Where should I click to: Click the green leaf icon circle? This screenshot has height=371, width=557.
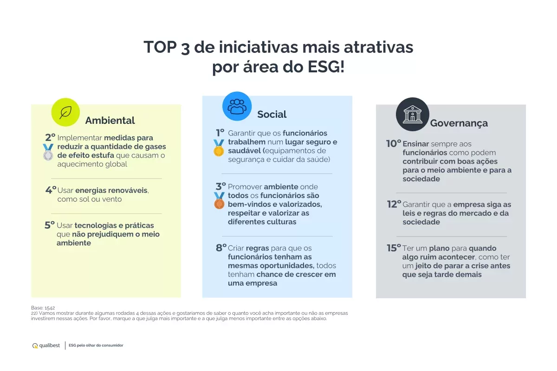click(x=65, y=112)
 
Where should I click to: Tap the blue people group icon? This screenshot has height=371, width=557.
click(x=237, y=106)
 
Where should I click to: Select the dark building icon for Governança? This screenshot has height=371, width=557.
click(x=413, y=114)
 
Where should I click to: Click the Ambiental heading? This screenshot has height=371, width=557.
click(x=110, y=121)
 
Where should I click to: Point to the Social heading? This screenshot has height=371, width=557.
click(x=272, y=114)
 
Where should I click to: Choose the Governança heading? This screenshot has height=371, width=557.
click(x=459, y=123)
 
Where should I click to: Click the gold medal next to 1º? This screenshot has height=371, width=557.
click(x=219, y=148)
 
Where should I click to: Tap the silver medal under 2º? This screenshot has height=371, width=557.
click(x=48, y=152)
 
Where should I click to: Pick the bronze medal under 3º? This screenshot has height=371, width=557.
click(x=219, y=200)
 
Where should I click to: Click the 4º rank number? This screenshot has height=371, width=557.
click(x=51, y=190)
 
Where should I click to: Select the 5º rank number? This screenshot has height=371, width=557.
click(x=50, y=225)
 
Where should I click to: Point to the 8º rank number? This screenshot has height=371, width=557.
click(x=221, y=248)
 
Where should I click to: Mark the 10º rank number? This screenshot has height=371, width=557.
click(x=394, y=143)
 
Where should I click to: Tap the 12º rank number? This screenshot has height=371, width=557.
click(x=394, y=204)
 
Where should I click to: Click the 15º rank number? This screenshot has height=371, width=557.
click(x=394, y=248)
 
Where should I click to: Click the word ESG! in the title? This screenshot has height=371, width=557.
click(x=326, y=67)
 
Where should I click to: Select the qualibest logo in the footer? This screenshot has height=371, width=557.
click(x=46, y=345)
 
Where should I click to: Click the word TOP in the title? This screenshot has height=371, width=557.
click(x=160, y=47)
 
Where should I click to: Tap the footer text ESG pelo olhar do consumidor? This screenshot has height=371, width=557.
click(x=96, y=345)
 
